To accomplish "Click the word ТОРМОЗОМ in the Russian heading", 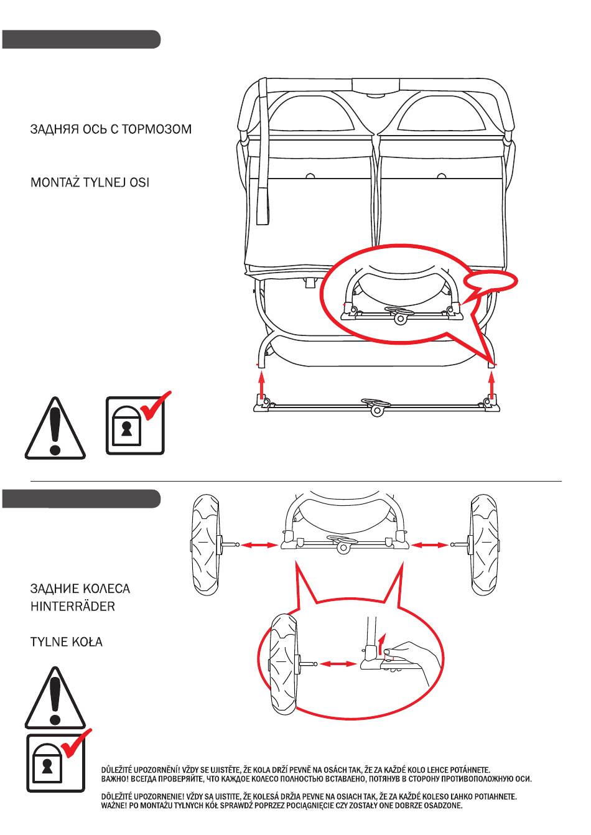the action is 157,129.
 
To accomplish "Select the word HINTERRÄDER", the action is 73,607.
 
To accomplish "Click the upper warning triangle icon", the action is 55,428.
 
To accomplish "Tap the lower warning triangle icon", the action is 55,698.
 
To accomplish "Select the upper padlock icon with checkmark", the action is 138,424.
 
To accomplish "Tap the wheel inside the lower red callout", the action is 284,665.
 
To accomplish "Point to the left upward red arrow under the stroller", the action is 261,387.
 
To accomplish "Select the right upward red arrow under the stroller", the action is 492,387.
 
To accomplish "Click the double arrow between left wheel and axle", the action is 259,545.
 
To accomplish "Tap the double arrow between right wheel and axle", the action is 429,545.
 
